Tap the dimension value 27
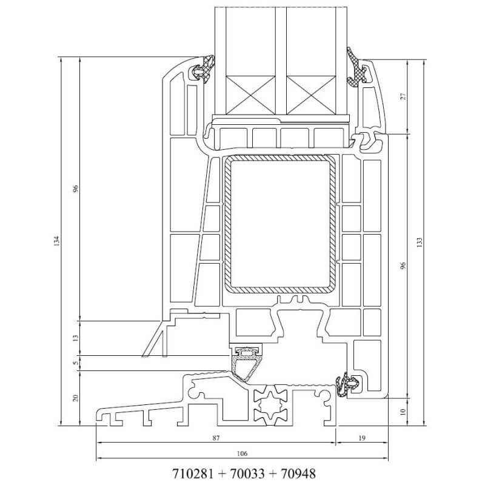[402, 96]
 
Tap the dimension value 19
[362, 437]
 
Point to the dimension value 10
[402, 412]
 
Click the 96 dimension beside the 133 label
[402, 265]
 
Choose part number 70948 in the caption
[297, 472]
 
